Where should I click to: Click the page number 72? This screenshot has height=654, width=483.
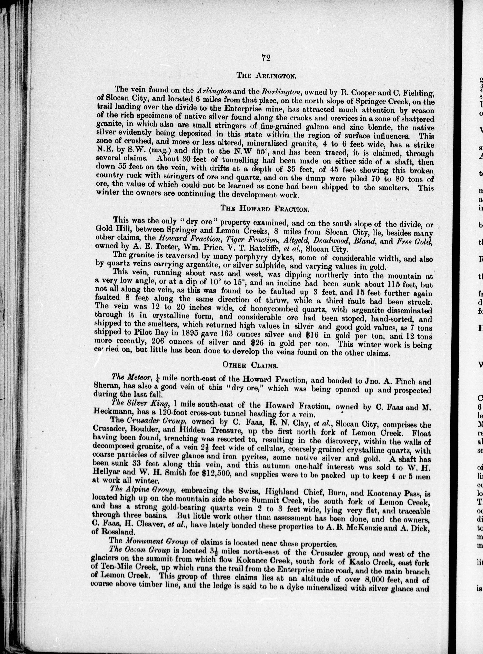coord(266,58)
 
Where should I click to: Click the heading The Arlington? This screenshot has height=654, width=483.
coord(267,76)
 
